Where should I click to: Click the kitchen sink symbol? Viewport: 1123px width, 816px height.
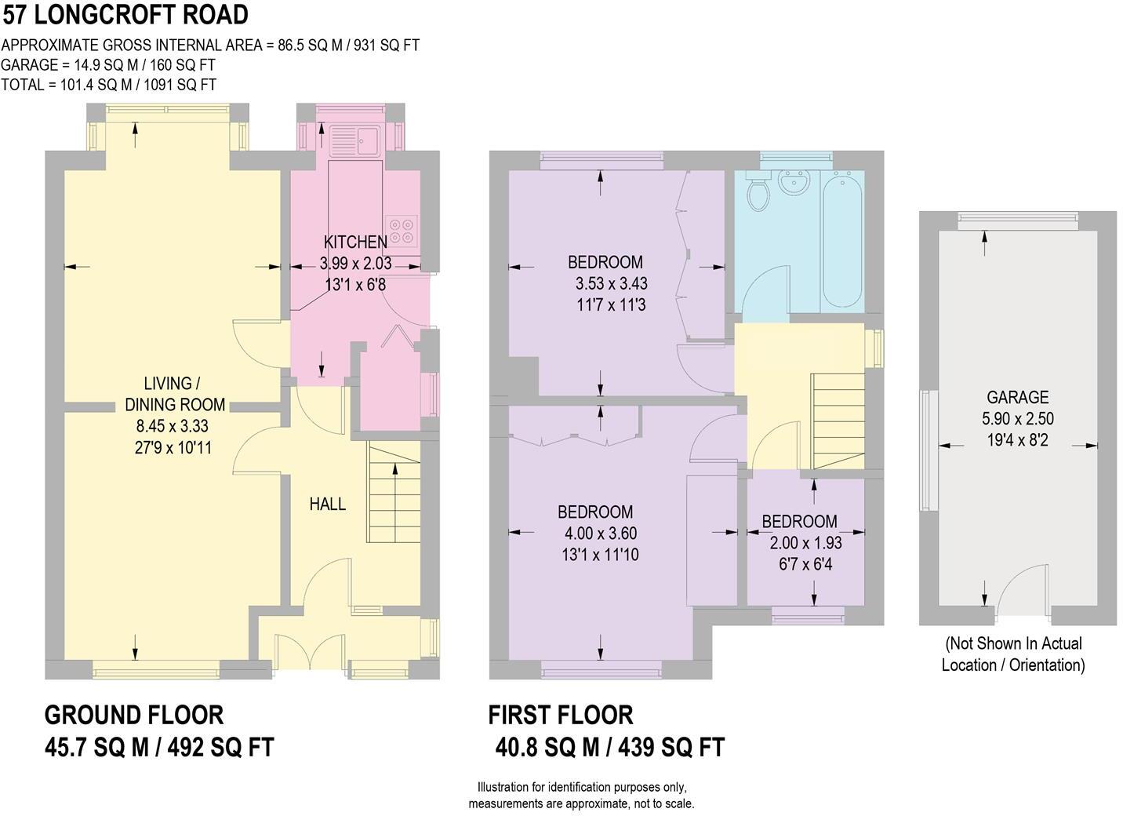click(355, 140)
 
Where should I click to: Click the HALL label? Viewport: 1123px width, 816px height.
click(327, 505)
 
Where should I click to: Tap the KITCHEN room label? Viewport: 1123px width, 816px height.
click(355, 242)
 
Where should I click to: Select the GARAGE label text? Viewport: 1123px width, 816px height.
click(1017, 398)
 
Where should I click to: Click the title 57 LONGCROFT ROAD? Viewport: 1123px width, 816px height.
click(125, 14)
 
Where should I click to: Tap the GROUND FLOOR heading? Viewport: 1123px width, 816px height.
click(134, 715)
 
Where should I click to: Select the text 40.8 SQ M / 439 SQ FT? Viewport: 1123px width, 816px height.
click(609, 747)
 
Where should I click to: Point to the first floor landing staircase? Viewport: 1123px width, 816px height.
click(838, 420)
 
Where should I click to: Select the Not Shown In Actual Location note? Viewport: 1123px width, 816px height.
click(1013, 654)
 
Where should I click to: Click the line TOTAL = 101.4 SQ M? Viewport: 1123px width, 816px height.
click(109, 85)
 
